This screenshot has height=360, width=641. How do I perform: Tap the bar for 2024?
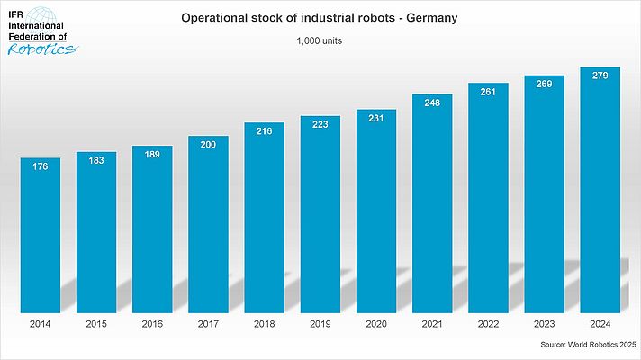point(600,189)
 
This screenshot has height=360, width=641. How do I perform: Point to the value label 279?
point(600,75)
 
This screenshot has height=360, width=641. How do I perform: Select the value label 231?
point(376,116)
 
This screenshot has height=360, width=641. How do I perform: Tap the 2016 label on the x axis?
point(152,321)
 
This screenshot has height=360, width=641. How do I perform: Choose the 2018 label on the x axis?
point(264,321)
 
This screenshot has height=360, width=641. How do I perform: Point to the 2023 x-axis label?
point(545,321)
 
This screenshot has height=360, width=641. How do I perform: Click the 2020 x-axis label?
point(376,321)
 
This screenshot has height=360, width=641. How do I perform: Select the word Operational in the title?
point(217,18)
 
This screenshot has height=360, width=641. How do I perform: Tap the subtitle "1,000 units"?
point(320,40)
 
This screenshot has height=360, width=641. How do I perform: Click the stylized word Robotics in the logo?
point(41,49)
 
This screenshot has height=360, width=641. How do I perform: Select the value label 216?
point(264,130)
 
